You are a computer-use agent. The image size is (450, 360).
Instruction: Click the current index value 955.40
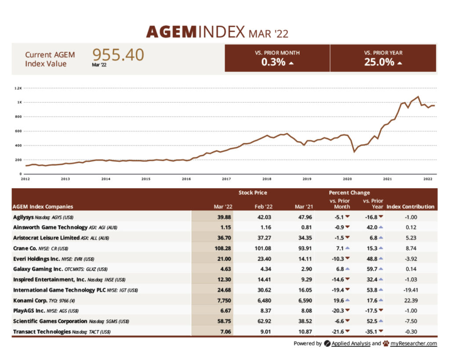pyautogui.click(x=118, y=55)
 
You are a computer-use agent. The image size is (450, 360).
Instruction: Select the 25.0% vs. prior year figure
pyautogui.click(x=379, y=62)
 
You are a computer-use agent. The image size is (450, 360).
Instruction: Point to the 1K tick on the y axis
pyautogui.click(x=19, y=102)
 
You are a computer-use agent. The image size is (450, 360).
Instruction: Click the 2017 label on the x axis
pyautogui.click(x=226, y=179)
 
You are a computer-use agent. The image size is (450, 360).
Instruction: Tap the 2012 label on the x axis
pyautogui.click(x=25, y=179)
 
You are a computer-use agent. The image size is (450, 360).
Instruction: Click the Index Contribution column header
pyautogui.click(x=410, y=207)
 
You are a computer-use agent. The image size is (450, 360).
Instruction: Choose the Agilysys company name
pyautogui.click(x=26, y=217)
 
